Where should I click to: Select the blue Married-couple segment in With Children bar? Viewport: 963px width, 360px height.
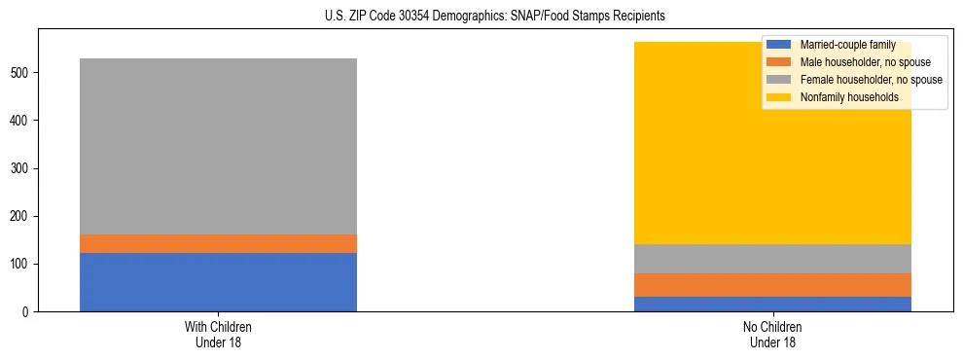click(218, 282)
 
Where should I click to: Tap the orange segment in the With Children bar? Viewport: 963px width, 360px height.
click(218, 244)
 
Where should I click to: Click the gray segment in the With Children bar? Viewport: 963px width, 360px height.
click(218, 146)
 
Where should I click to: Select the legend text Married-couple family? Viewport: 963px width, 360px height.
click(847, 45)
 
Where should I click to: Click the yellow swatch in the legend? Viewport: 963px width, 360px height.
click(779, 97)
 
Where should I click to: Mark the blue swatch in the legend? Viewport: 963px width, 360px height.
click(779, 45)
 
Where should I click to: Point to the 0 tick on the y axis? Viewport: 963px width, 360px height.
click(28, 312)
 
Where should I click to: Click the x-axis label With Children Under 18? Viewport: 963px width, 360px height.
click(218, 335)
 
